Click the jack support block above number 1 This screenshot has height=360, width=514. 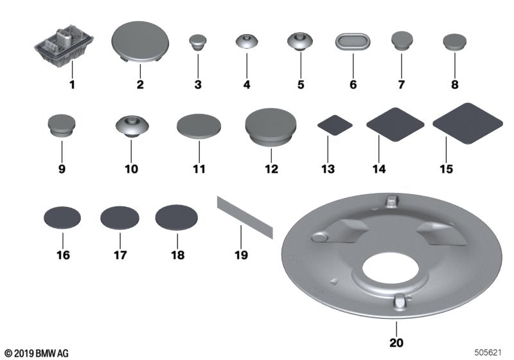coord(63,46)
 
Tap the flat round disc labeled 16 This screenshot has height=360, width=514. coord(62,218)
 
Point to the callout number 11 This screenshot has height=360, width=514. coord(199,170)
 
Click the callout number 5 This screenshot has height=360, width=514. coord(300,84)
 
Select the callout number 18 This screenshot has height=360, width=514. coord(177,255)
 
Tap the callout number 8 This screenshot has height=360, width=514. coord(454,84)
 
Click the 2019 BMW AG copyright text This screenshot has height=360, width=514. coord(36,353)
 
